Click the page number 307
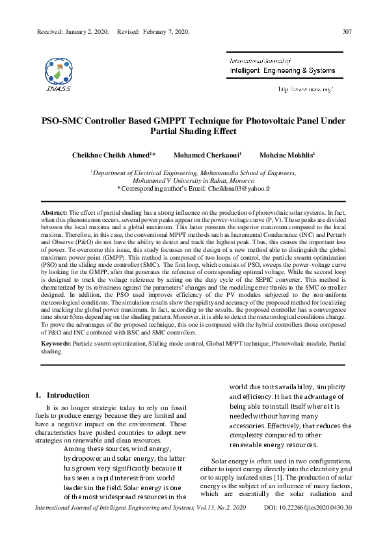pos(347,32)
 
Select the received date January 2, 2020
pos(85,32)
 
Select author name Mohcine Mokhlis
pos(287,156)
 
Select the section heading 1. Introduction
pos(62,395)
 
